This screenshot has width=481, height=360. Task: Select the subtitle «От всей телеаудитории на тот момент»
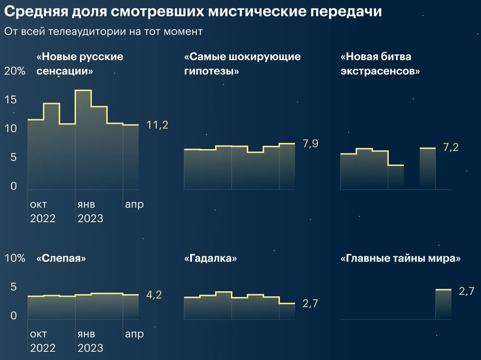(103, 32)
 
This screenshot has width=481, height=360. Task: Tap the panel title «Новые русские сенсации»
(80, 63)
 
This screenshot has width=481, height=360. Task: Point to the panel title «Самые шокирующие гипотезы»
(242, 63)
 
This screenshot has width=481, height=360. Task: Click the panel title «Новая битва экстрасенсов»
(379, 63)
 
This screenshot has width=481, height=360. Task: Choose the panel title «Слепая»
(61, 259)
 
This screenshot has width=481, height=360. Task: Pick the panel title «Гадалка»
(211, 259)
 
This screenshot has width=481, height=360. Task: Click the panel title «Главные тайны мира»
(400, 259)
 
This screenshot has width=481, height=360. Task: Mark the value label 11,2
(157, 125)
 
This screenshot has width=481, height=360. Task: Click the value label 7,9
(310, 143)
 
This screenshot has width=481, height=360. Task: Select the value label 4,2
(154, 294)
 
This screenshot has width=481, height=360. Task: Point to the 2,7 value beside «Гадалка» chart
(310, 303)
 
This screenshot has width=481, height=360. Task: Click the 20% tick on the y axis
(14, 72)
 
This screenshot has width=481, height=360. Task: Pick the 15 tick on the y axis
(11, 100)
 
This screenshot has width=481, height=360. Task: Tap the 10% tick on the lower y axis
(14, 259)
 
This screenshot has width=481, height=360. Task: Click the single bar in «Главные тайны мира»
(444, 304)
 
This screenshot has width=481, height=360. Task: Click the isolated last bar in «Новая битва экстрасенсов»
(428, 169)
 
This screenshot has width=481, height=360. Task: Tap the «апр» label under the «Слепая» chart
(134, 334)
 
